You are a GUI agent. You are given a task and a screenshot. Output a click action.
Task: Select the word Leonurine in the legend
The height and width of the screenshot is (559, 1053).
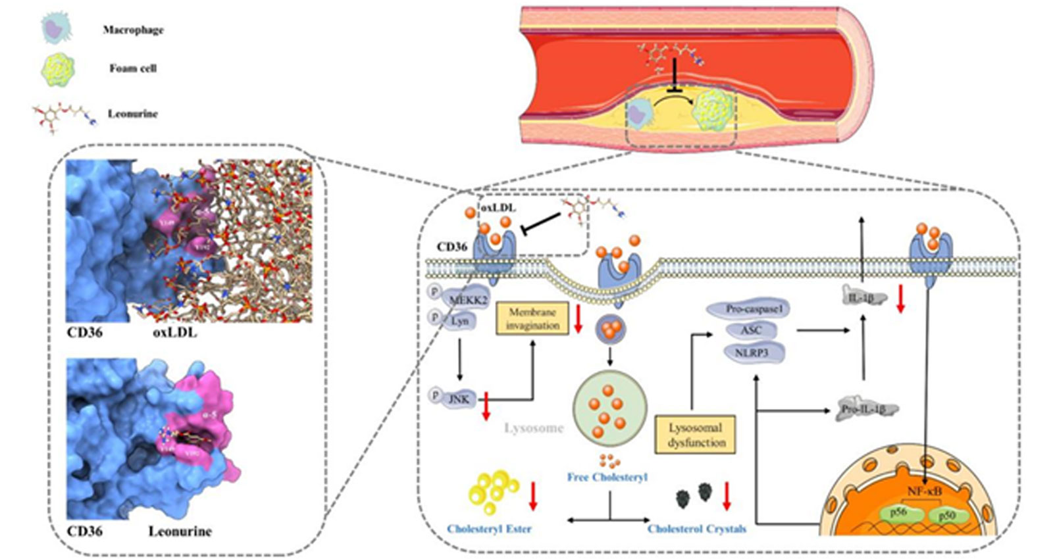(133, 114)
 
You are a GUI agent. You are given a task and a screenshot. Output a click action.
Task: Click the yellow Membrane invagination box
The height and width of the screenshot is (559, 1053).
(532, 318)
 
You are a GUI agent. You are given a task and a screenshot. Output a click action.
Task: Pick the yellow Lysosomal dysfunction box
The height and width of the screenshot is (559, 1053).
(695, 435)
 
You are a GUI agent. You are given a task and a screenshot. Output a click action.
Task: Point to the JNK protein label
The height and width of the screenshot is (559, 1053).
(458, 399)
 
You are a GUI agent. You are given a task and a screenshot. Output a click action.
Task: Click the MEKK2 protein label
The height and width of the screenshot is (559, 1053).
(467, 300)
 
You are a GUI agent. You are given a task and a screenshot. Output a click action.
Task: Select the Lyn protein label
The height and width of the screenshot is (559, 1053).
(459, 322)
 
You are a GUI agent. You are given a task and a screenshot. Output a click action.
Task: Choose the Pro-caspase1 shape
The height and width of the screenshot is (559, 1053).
(749, 308)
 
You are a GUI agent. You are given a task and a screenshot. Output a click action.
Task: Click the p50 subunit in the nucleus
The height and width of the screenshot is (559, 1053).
(946, 516)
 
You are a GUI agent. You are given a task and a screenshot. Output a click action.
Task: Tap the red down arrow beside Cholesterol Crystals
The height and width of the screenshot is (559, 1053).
(727, 496)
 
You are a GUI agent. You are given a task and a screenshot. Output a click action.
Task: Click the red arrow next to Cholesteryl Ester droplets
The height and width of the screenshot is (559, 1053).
(533, 496)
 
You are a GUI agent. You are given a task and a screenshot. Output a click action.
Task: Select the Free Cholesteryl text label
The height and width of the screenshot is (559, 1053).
(607, 477)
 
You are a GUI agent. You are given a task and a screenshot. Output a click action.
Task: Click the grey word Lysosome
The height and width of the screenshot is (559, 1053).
(534, 428)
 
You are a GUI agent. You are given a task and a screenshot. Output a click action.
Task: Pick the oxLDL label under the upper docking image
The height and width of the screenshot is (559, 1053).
(174, 333)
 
